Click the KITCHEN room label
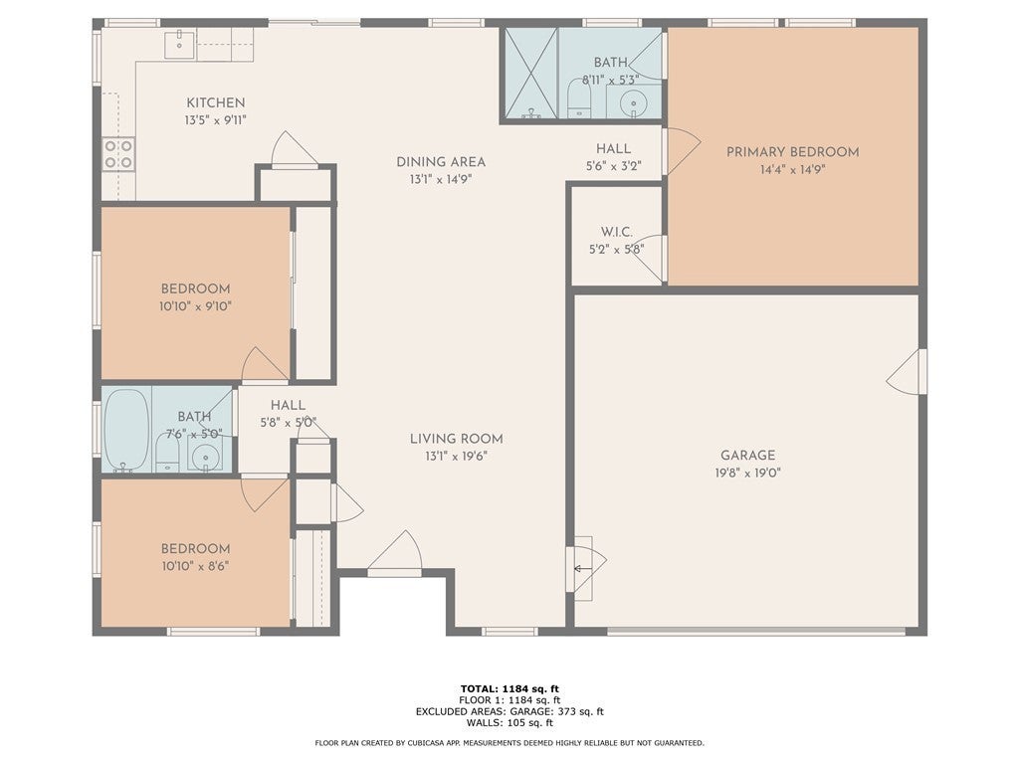tap(216, 102)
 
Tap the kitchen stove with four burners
tap(118, 154)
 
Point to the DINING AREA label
tap(441, 162)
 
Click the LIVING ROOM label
tap(456, 439)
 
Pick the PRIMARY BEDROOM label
tap(792, 152)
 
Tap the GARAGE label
tap(747, 456)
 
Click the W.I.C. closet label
tap(616, 232)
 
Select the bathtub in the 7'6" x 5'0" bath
tap(126, 430)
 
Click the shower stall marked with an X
tap(531, 74)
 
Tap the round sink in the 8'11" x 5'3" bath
tap(633, 103)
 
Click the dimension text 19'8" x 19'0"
tap(747, 473)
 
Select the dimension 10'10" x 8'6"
tap(196, 566)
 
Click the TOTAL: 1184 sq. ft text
tap(509, 688)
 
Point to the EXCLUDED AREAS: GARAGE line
tap(509, 711)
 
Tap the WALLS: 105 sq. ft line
tap(509, 722)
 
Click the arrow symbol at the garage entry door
tap(582, 570)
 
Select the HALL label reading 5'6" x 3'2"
tap(613, 157)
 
